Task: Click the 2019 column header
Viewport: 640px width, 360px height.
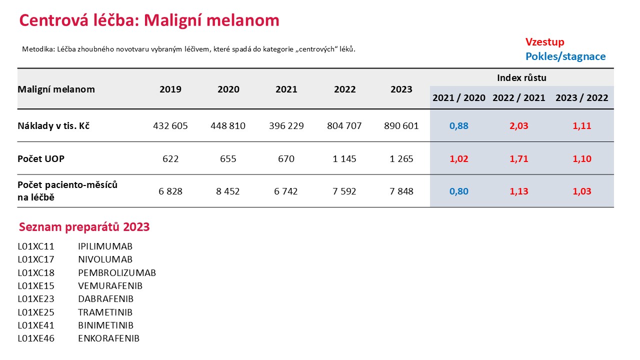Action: click(170, 89)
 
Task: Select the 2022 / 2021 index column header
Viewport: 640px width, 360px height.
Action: click(519, 97)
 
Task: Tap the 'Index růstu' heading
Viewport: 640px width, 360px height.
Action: click(521, 77)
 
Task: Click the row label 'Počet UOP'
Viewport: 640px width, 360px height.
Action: click(41, 158)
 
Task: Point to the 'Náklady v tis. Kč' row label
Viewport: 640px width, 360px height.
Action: click(53, 125)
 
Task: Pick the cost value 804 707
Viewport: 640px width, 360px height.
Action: click(344, 125)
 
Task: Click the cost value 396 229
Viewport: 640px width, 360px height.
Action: click(286, 125)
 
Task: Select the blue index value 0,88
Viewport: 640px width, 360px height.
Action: click(459, 125)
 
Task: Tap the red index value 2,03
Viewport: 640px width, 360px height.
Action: click(519, 125)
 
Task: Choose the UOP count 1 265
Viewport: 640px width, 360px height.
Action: click(401, 158)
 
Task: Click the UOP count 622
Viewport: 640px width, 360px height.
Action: click(170, 158)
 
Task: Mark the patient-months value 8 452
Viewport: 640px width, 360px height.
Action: click(227, 191)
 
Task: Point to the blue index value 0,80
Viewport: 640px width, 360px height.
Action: click(459, 191)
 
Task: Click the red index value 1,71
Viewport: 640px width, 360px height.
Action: click(519, 158)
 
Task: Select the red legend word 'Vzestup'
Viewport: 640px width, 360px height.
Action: click(545, 42)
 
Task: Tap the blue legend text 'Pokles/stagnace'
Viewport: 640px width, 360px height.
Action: click(565, 56)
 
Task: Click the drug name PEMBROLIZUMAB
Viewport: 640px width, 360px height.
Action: click(117, 272)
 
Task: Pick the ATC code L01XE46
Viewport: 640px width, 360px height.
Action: click(36, 338)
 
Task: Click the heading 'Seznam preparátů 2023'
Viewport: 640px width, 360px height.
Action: click(84, 227)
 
